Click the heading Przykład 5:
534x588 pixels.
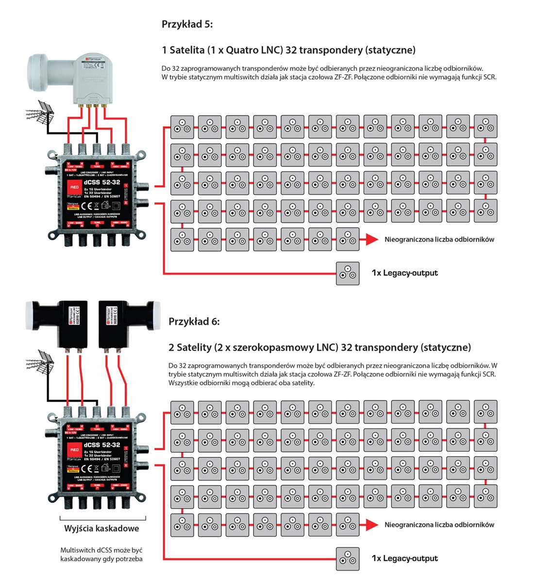click(x=187, y=24)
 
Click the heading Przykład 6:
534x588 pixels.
click(x=194, y=322)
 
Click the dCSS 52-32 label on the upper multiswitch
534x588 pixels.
click(x=101, y=182)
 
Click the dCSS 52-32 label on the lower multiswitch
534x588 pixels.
click(x=101, y=444)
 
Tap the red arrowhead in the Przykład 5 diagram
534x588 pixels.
click(x=371, y=239)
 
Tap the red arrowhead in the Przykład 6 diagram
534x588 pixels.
click(x=371, y=524)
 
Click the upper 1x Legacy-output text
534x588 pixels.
click(x=404, y=273)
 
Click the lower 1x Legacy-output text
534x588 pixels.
click(x=404, y=558)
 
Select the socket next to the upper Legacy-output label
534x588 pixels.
click(x=348, y=273)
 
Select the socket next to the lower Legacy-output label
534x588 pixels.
click(x=348, y=558)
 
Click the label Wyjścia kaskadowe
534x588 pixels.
click(x=101, y=529)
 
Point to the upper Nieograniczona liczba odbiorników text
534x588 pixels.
click(x=439, y=239)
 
